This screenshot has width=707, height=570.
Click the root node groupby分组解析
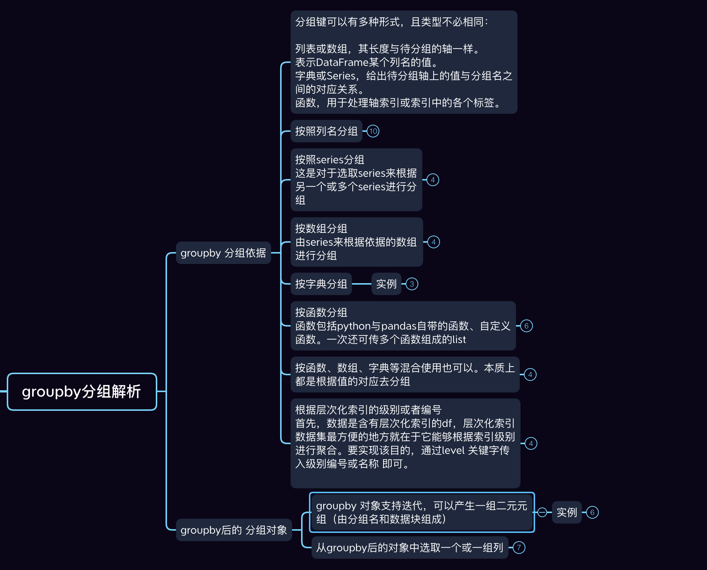click(82, 392)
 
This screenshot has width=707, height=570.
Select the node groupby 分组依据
click(223, 253)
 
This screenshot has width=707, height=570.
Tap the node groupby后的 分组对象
click(234, 530)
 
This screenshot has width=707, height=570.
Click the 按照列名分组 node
click(326, 131)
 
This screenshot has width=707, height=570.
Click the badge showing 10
click(373, 131)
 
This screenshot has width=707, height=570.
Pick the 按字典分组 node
click(321, 284)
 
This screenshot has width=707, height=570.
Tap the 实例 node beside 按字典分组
click(386, 284)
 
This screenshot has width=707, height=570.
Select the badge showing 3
click(412, 284)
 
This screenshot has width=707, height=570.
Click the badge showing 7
click(519, 548)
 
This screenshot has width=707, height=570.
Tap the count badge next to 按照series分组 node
click(433, 180)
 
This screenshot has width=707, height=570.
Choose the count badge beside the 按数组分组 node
click(434, 242)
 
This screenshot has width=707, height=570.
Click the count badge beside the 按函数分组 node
click(527, 326)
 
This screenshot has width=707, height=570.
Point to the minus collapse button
click(542, 512)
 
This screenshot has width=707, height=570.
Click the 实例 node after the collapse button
click(567, 512)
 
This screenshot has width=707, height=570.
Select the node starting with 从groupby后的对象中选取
click(410, 548)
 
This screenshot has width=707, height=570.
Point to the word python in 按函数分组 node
click(354, 326)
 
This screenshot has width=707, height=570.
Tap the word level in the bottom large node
click(453, 450)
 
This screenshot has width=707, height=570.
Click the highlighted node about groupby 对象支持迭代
click(422, 512)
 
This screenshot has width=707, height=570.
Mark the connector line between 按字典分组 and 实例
click(361, 284)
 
